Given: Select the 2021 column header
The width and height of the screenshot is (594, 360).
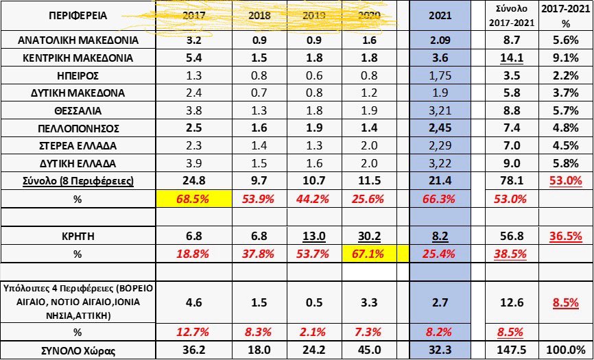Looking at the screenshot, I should [439, 16].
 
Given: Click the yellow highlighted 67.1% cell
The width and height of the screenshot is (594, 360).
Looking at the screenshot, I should [375, 254].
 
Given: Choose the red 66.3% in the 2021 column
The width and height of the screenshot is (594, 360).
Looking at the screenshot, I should [439, 200].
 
